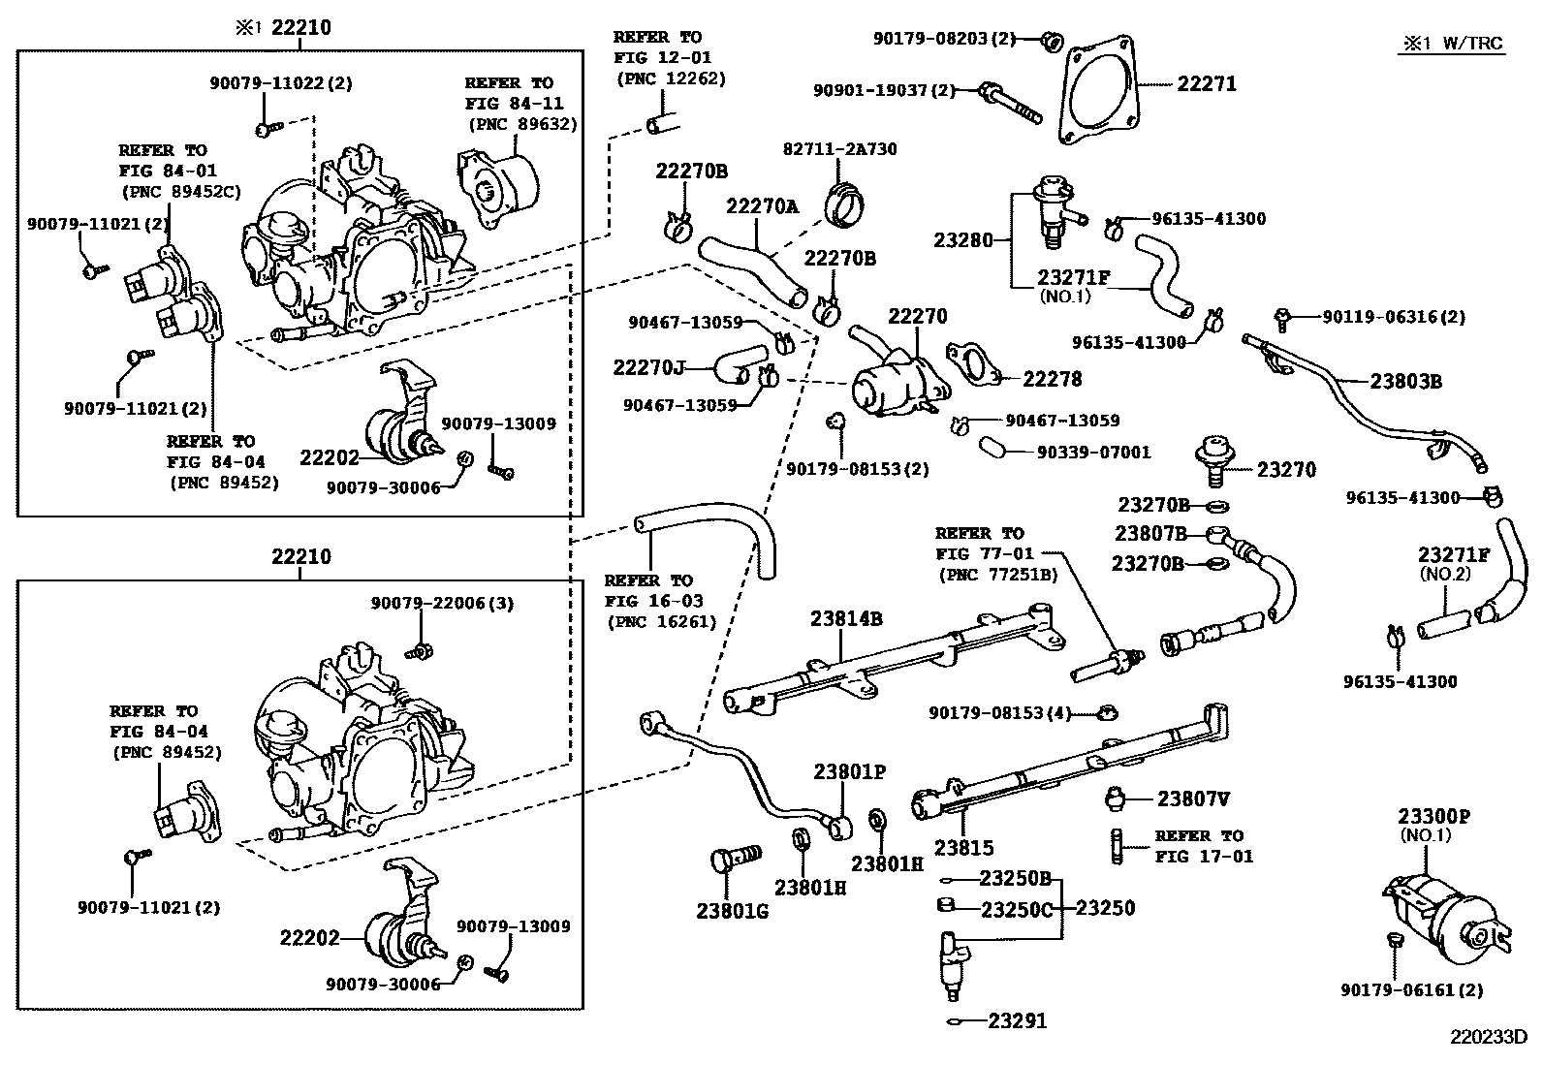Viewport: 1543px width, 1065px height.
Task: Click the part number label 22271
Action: coord(1207,84)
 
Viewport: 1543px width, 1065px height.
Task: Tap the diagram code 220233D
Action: coord(1488,1037)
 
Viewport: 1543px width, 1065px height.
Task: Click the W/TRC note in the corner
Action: coord(1453,44)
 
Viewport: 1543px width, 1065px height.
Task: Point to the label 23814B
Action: coord(846,618)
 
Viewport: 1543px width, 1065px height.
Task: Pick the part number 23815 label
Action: coord(963,848)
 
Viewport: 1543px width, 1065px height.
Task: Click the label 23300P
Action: coord(1433,817)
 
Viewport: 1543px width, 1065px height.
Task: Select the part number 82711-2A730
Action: coord(839,149)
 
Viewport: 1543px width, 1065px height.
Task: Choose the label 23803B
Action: coord(1405,382)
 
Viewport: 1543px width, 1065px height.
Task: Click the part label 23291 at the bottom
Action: coord(1018,1020)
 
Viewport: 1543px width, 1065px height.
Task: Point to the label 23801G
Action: coord(732,911)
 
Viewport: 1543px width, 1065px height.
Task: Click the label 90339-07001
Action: coord(1093,453)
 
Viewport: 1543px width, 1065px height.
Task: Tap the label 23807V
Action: coord(1194,799)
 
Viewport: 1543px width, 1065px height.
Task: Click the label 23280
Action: coord(963,239)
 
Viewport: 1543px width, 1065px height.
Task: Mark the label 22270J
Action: coord(648,367)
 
